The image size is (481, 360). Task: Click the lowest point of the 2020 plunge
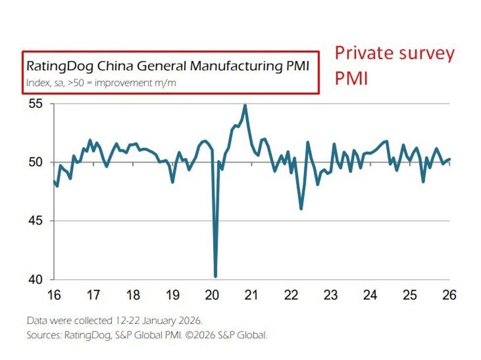point(215,276)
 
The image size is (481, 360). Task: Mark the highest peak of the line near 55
point(245,105)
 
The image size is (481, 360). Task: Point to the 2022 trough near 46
point(301,209)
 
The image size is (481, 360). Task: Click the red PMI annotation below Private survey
point(351,77)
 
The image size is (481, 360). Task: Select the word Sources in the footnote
point(43,335)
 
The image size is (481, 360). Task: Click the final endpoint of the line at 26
point(449,159)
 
